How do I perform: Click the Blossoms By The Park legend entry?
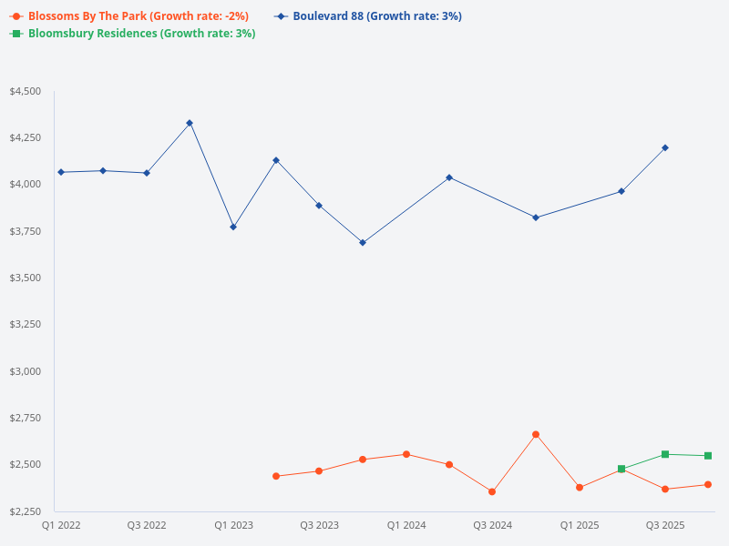tap(128, 16)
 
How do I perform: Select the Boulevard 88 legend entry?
tap(369, 16)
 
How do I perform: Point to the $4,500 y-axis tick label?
tap(25, 91)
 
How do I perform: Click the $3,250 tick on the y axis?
tap(25, 324)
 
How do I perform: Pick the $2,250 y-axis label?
tap(25, 511)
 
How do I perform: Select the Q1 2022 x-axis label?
tap(60, 525)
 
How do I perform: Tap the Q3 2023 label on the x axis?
tap(319, 525)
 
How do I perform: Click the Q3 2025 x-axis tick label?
tap(665, 525)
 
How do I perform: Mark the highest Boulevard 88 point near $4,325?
tap(190, 123)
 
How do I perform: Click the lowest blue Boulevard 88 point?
tap(363, 243)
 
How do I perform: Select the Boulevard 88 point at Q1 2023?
tap(233, 227)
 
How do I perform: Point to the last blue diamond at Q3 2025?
tap(665, 147)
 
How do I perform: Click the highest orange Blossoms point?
tap(536, 435)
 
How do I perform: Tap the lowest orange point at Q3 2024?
tap(492, 491)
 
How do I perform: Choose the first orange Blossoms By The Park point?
tap(276, 476)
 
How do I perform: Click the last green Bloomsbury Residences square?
tap(708, 456)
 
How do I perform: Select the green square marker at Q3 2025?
tap(665, 454)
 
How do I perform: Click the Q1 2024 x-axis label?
tap(406, 525)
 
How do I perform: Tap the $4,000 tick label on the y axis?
tap(25, 185)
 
